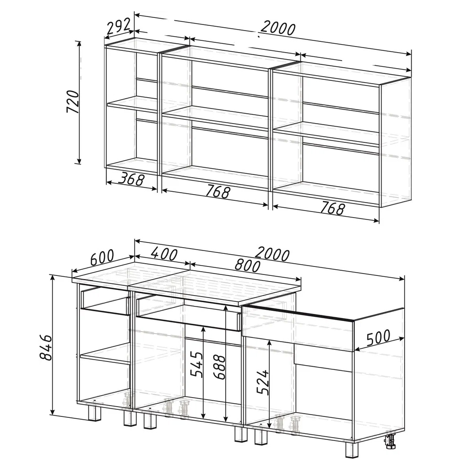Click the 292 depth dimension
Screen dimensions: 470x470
click(x=119, y=27)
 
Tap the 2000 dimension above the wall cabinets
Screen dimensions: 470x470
click(x=278, y=29)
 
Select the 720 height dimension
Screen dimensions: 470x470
click(x=73, y=102)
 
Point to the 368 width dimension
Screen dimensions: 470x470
click(x=131, y=179)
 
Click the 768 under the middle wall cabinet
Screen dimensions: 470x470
click(x=218, y=192)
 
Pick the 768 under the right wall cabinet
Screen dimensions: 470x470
click(x=332, y=208)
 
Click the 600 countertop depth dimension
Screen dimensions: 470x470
click(x=102, y=258)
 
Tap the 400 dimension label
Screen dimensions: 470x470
click(x=164, y=254)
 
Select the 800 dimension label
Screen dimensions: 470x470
click(x=247, y=265)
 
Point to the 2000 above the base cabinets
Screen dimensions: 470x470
click(x=272, y=255)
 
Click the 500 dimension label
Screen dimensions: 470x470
click(x=378, y=337)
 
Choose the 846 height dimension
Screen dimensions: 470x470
click(x=46, y=347)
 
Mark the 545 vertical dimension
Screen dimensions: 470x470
click(x=196, y=365)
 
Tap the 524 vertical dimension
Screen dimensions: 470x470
click(x=263, y=382)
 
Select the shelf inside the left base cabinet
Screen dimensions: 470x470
click(x=104, y=354)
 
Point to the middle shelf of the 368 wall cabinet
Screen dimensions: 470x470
click(x=132, y=104)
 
